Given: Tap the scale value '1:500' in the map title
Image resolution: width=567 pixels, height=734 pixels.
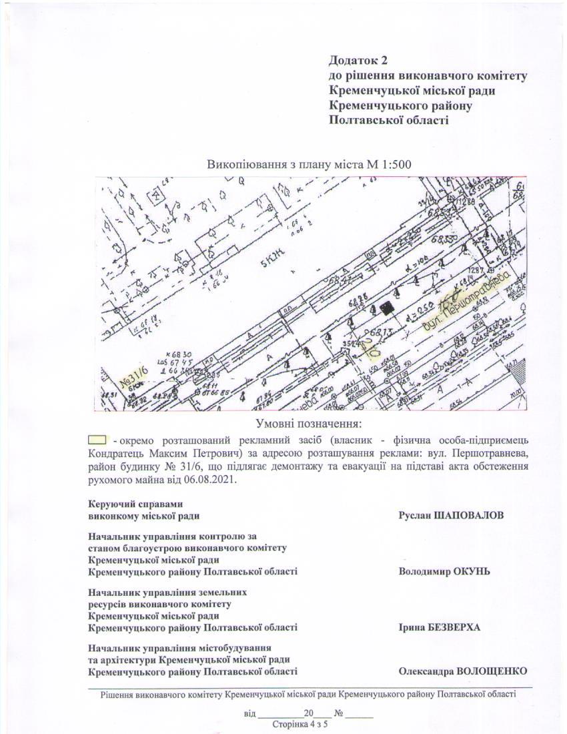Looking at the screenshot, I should [x=396, y=165].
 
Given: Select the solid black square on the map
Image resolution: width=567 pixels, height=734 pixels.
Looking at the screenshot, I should [x=385, y=308].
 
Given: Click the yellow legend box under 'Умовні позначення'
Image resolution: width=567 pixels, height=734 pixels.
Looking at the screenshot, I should [x=97, y=440].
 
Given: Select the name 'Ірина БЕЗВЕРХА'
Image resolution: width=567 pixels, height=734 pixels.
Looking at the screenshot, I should [x=440, y=628].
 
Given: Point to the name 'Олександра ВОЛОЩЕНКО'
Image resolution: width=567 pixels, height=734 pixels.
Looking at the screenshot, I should [x=463, y=671].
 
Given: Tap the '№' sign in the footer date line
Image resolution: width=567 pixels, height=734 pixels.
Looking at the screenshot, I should [x=339, y=713].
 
